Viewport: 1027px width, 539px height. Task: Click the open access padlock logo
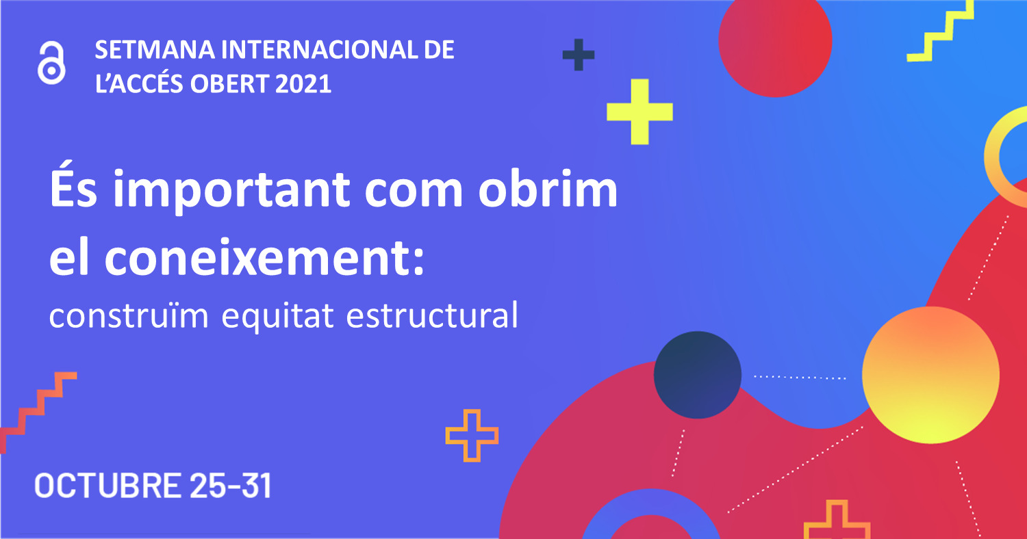[51, 63]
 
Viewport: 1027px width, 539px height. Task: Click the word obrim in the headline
[548, 187]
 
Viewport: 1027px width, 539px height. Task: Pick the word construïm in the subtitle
[129, 315]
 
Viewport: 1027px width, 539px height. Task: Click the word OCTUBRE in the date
[107, 485]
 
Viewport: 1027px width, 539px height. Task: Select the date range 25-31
[231, 485]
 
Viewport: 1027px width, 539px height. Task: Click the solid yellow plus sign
[639, 111]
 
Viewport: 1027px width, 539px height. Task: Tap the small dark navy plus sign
[579, 55]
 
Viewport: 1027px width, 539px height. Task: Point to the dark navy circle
[698, 375]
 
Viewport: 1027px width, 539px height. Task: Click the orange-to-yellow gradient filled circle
[930, 375]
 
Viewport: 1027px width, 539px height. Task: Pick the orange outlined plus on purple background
[472, 436]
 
